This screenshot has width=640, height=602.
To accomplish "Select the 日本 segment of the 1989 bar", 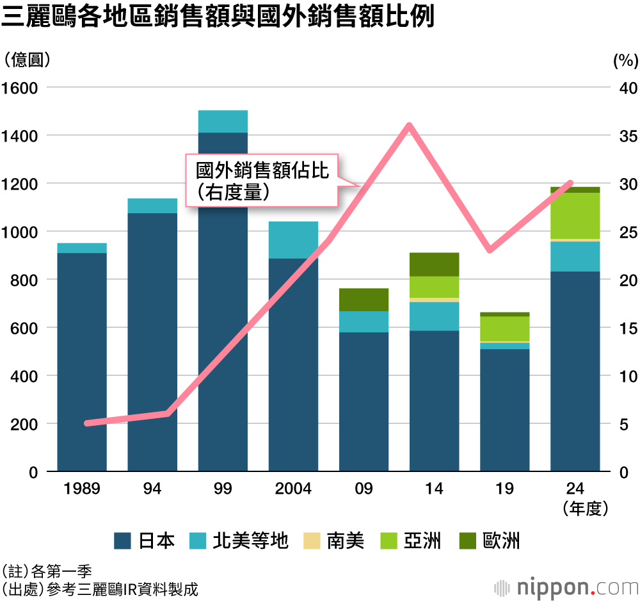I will (x=82, y=362).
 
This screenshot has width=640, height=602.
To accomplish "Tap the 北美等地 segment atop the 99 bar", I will (x=223, y=122).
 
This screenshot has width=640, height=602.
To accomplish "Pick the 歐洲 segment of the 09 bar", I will (x=364, y=300).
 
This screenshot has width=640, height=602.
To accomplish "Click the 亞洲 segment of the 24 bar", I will (x=575, y=216).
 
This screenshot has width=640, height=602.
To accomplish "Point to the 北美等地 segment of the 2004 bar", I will (x=293, y=240).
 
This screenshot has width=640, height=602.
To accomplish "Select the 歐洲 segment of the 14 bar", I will (x=434, y=264).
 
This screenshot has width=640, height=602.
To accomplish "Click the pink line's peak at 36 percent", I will (x=409, y=126).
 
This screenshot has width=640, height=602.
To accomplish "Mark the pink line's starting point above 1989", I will (x=86, y=423).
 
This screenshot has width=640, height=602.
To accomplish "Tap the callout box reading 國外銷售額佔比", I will (x=261, y=180).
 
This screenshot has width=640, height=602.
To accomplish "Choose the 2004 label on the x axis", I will (x=293, y=489).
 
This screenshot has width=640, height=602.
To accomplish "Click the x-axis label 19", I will (x=504, y=489).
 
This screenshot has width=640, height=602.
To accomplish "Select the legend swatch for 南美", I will (x=311, y=541).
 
